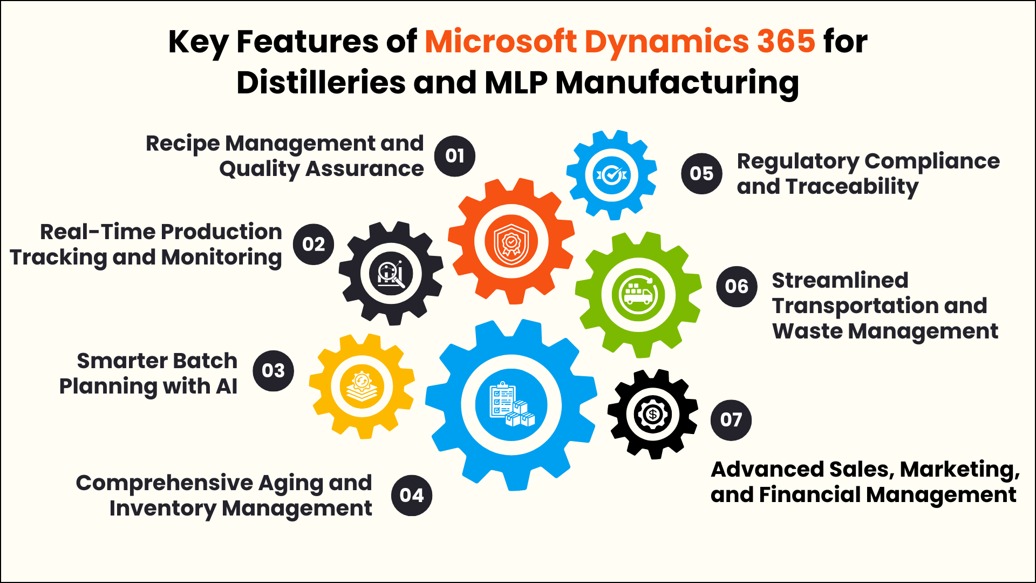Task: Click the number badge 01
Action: [455, 156]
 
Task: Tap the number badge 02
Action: [313, 245]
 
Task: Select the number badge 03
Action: [273, 371]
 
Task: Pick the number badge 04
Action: [412, 496]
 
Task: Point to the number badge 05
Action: [701, 174]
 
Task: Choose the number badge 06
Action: [737, 287]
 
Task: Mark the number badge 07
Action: [731, 420]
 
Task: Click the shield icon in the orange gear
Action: [511, 242]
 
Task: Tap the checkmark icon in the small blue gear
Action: [611, 175]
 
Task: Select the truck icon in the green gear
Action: [638, 295]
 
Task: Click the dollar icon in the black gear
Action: [653, 415]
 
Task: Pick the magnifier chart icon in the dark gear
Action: [391, 273]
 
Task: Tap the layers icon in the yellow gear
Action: [362, 387]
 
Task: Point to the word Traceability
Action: [852, 187]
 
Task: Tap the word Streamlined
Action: [840, 280]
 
